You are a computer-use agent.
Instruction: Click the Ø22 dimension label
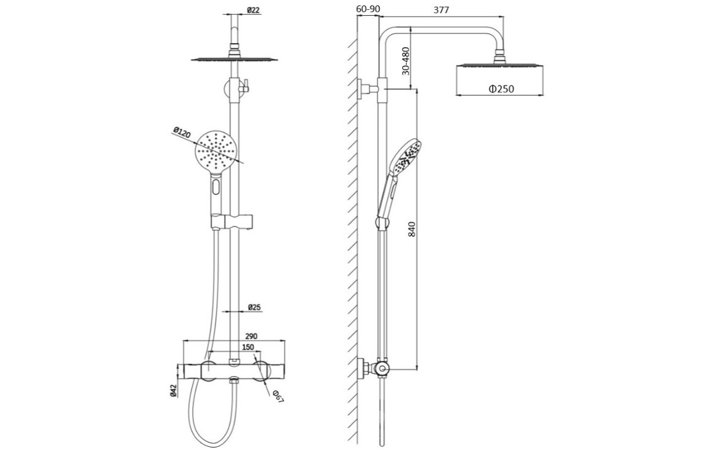point(254,11)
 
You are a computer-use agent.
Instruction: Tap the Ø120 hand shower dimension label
point(182,133)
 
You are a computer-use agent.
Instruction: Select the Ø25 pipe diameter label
point(255,308)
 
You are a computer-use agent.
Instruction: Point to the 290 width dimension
point(252,336)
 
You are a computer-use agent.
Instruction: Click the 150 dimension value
point(248,347)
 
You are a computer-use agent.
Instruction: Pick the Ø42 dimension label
point(173,390)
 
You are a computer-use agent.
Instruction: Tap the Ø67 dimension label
point(278,397)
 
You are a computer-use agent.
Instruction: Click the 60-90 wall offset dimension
point(368,9)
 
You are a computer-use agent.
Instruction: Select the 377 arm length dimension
point(441,10)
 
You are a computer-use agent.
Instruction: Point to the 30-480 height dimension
point(406,61)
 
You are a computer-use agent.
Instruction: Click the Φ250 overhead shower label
point(501,89)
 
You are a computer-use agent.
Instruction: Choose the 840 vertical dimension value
point(414,228)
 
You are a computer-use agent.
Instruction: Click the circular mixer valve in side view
point(382,370)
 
